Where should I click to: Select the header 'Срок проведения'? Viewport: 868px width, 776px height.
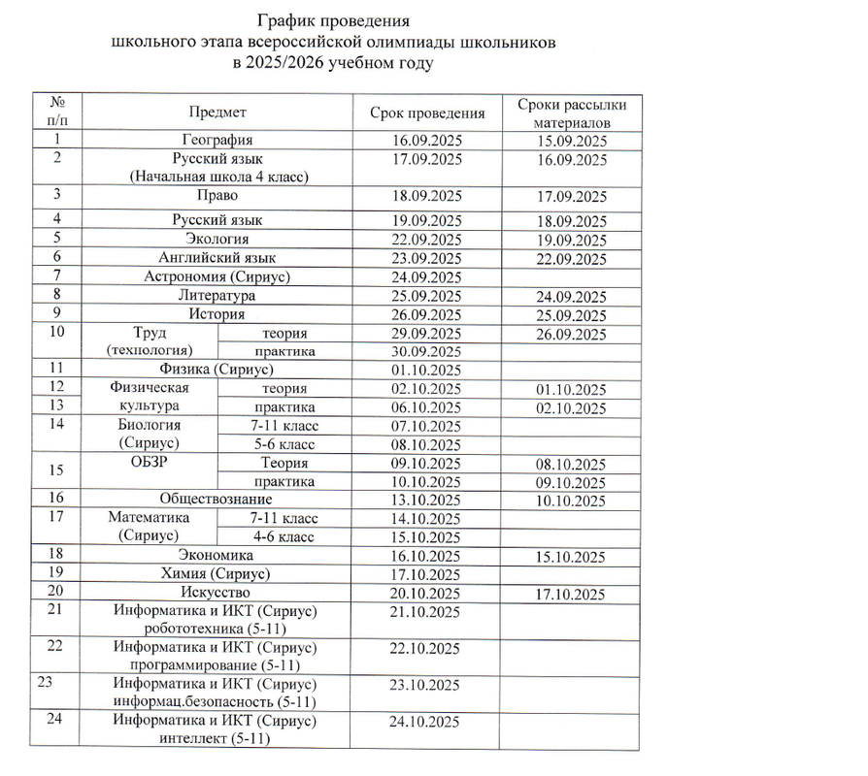tap(427, 113)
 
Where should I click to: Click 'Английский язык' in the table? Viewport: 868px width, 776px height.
tap(217, 258)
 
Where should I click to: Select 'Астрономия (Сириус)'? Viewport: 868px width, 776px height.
tap(217, 276)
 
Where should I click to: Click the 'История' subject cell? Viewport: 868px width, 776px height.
tap(217, 314)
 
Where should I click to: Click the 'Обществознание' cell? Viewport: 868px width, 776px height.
tap(217, 501)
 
